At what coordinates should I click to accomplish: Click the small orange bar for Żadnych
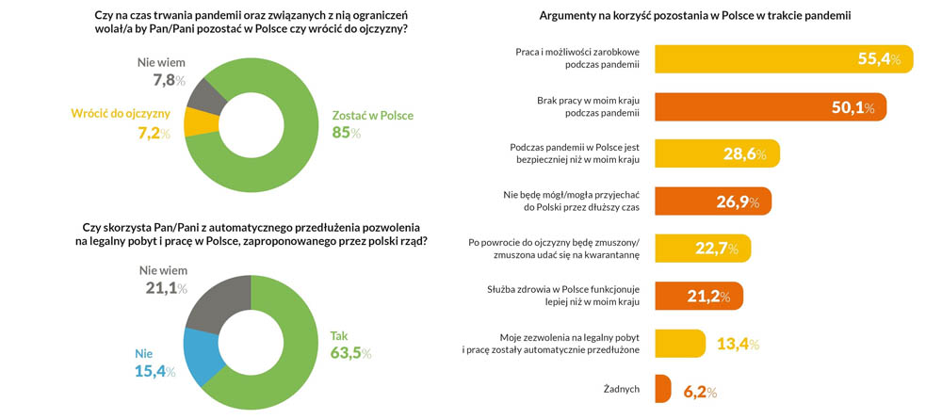point(661,388)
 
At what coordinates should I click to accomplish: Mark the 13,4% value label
point(738,343)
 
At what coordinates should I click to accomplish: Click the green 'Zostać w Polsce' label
point(372,116)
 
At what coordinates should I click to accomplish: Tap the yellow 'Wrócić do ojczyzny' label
point(121,114)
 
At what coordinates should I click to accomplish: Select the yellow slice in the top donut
point(200,121)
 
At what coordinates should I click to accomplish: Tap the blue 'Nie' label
point(143,353)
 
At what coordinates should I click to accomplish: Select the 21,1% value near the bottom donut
point(166,287)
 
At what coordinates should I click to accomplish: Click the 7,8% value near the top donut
point(164,80)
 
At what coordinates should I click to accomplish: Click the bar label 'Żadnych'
point(621,388)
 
